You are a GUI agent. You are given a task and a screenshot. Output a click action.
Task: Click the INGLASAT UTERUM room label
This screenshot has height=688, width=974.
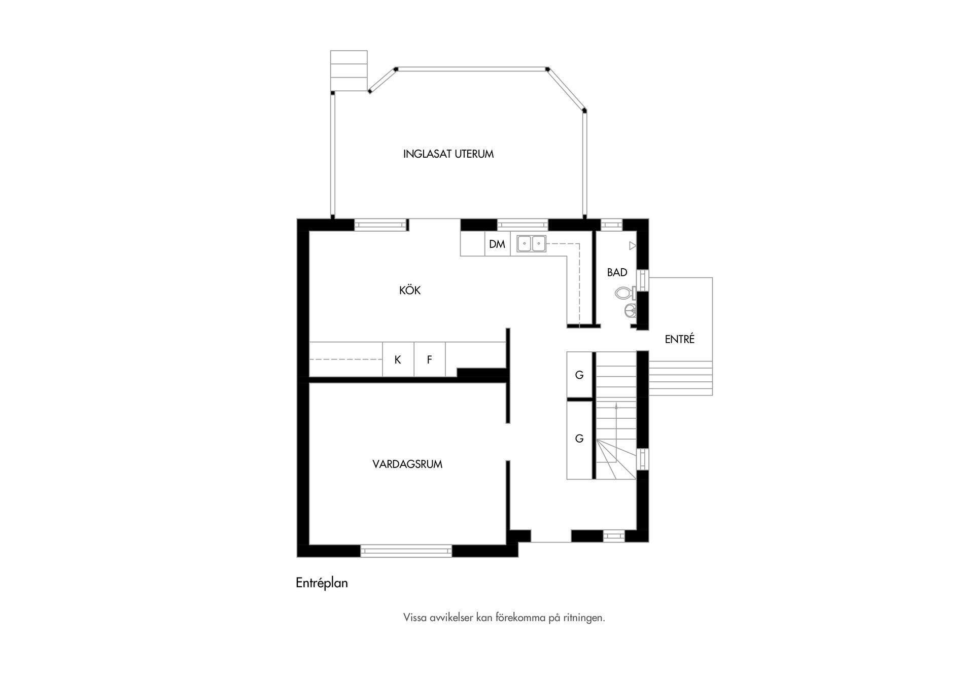point(448,154)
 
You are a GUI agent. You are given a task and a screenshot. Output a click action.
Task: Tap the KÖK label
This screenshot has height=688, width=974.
point(410,291)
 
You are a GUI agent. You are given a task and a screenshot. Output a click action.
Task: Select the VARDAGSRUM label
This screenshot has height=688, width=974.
point(407,464)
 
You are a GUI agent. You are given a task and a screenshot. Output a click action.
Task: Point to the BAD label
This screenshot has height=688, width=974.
point(617,273)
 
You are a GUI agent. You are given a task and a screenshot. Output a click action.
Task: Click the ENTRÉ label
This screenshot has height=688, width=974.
point(679,340)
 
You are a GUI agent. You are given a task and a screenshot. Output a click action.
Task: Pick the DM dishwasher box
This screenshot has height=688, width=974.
point(497,244)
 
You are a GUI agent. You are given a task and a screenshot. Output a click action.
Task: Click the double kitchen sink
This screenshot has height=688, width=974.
point(531,244)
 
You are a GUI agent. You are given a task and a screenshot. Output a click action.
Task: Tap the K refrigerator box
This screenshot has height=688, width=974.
point(398,360)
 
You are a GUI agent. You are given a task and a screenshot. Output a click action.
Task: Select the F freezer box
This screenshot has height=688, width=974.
point(429,360)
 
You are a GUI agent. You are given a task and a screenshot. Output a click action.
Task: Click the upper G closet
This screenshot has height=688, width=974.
point(579,375)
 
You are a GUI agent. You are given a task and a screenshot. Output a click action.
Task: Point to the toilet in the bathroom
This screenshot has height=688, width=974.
point(624,293)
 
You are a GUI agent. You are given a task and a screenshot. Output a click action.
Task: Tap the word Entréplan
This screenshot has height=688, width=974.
point(322,583)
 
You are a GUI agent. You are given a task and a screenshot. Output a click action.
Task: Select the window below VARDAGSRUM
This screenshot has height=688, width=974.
point(406,551)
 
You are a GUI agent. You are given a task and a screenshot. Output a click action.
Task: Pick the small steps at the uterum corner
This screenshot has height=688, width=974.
point(349,71)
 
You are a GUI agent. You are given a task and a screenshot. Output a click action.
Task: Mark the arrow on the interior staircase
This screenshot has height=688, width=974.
point(616,407)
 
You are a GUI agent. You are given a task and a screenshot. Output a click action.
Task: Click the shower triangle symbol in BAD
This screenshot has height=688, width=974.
point(632,246)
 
